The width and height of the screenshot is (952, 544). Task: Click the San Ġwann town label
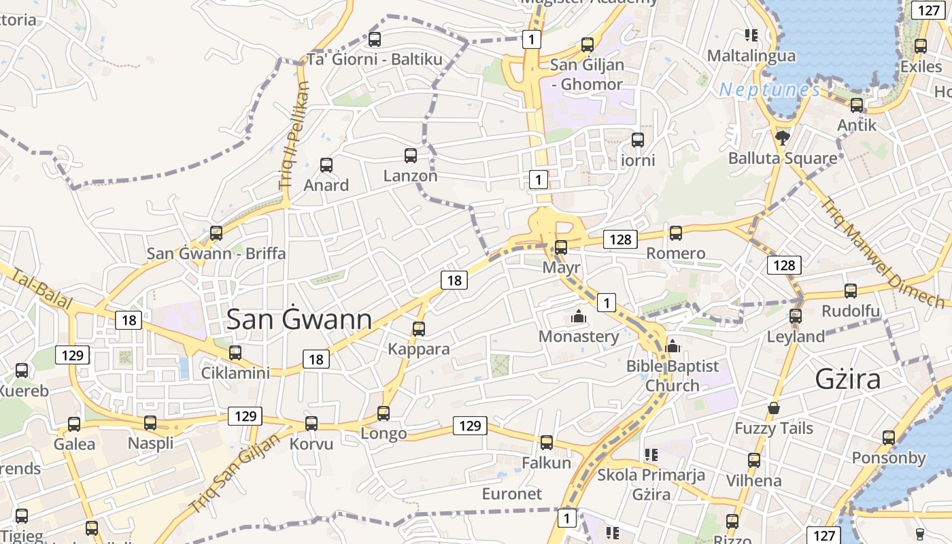(299, 320)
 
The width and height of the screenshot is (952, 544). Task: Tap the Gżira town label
(848, 379)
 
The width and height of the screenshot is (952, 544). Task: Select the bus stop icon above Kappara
(419, 329)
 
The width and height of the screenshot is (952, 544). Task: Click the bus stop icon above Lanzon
(411, 156)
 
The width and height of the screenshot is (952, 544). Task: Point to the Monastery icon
(579, 316)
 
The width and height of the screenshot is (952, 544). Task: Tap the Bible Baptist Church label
(672, 375)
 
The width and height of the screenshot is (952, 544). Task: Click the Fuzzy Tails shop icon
(774, 408)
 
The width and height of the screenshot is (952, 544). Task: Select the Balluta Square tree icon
(782, 138)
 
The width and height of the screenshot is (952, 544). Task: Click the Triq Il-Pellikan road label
(294, 136)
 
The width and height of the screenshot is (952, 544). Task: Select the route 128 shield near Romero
(620, 239)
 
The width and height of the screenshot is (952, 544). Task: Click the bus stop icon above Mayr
(561, 248)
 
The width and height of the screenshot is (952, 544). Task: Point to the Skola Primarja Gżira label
(651, 484)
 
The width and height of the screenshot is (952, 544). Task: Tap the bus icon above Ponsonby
(889, 438)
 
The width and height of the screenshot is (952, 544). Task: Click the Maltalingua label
(751, 56)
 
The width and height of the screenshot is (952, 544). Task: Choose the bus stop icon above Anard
(326, 165)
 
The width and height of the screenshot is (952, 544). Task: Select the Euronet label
(512, 494)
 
